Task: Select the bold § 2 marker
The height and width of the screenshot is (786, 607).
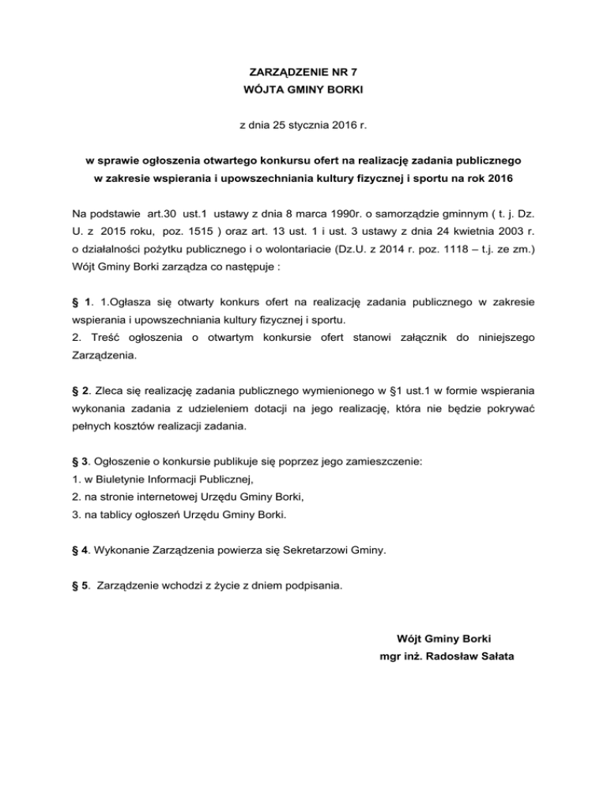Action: click(77, 391)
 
